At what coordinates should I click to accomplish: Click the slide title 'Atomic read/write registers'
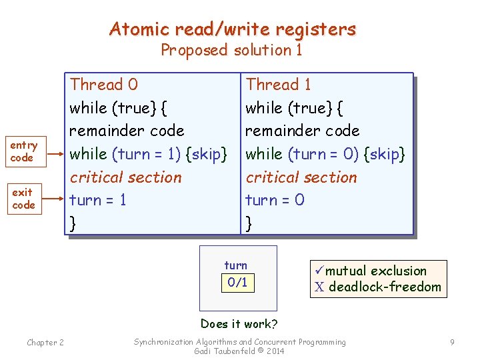[x=233, y=29]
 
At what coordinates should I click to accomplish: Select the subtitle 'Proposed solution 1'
[x=231, y=50]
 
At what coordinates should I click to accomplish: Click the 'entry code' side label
[x=23, y=151]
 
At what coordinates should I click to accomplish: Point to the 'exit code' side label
[x=23, y=199]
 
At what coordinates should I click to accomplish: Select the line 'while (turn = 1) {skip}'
[x=149, y=154]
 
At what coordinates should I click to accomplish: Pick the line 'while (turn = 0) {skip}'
[x=325, y=154]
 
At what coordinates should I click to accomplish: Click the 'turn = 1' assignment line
[x=98, y=200]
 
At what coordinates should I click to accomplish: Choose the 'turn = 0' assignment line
[x=275, y=200]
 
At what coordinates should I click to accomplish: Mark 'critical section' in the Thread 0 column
[x=125, y=177]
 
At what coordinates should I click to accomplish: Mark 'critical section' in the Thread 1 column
[x=301, y=177]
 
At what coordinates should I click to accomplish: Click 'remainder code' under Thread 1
[x=302, y=131]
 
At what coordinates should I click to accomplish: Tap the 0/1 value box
[x=237, y=282]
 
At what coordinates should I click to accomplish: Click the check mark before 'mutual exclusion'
[x=319, y=271]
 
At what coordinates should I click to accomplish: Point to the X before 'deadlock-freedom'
[x=319, y=287]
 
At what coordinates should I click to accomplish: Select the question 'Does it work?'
[x=239, y=324]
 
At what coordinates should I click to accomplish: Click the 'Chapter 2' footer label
[x=45, y=343]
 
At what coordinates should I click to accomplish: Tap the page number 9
[x=452, y=343]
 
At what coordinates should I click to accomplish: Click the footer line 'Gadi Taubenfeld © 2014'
[x=239, y=351]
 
